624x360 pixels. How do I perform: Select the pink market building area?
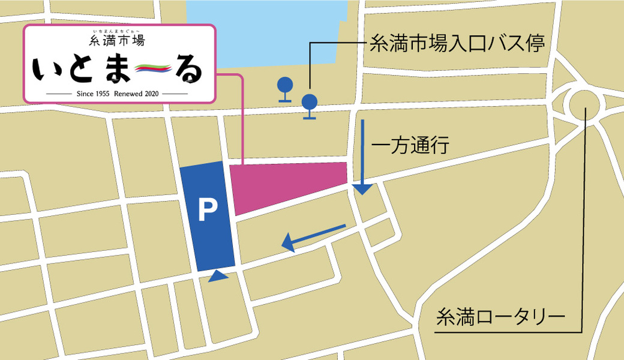pyautogui.click(x=288, y=183)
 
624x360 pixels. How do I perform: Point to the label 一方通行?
pyautogui.click(x=410, y=146)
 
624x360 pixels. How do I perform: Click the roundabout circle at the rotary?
pyautogui.click(x=583, y=105)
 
